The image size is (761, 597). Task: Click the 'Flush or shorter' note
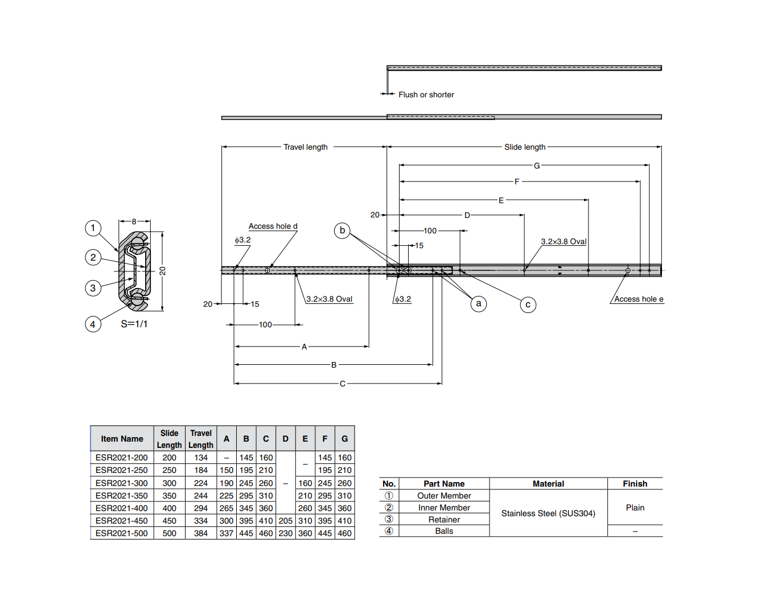tap(426, 94)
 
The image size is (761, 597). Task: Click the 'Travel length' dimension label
tap(306, 147)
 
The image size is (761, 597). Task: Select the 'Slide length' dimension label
tap(524, 147)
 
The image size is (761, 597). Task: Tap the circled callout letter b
tap(342, 230)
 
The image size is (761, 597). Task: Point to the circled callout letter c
tap(528, 304)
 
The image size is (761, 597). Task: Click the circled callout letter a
tap(479, 303)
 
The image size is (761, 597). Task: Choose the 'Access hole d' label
tap(273, 226)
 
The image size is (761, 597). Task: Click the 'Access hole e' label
tap(638, 299)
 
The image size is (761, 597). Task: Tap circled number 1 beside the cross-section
tap(93, 228)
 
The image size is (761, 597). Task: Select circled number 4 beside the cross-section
tap(93, 324)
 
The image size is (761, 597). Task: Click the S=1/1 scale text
tap(134, 324)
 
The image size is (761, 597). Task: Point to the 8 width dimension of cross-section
tap(134, 221)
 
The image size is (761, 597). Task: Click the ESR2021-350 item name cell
tap(122, 496)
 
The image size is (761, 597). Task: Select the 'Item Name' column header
tap(122, 439)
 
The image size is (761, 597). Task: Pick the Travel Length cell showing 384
tap(201, 533)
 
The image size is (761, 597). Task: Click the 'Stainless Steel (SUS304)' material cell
tap(548, 513)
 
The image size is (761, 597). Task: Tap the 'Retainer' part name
tap(444, 520)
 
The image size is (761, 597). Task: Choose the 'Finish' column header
tap(635, 484)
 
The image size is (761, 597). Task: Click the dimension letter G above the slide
tap(536, 166)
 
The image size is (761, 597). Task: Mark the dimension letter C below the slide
tap(342, 384)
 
